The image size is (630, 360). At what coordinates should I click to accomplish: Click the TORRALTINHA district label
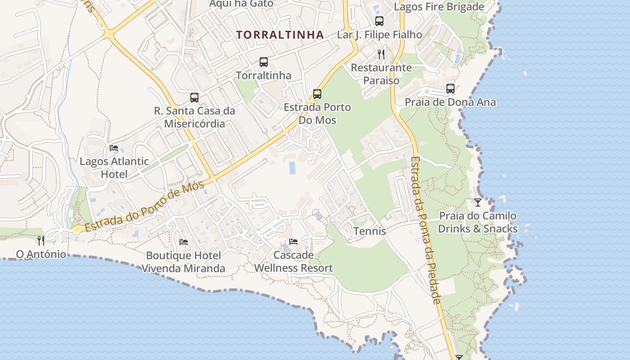[280, 35]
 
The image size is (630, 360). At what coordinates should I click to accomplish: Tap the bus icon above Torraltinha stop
[264, 62]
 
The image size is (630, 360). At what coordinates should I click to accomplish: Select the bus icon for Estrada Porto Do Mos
[317, 94]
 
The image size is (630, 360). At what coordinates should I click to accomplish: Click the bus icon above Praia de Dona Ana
[450, 89]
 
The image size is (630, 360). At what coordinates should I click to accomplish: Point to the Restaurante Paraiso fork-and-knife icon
[381, 54]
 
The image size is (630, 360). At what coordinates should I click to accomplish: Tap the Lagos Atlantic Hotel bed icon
[114, 148]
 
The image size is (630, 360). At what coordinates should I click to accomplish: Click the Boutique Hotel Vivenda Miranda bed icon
[184, 242]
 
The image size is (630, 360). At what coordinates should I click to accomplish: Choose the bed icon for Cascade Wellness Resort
[293, 242]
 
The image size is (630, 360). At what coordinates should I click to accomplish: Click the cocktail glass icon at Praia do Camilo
[478, 202]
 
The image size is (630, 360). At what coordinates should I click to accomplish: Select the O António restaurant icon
[41, 241]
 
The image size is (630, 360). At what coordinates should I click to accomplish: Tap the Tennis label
[369, 231]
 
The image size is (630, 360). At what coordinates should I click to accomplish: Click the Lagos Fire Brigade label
[439, 7]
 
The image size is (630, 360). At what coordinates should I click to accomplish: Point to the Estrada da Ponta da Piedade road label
[425, 229]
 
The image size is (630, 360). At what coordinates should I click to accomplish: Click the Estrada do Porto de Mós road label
[144, 207]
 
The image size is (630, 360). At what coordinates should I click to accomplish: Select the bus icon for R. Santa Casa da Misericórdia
[194, 98]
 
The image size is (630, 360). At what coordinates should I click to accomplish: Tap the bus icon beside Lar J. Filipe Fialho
[379, 21]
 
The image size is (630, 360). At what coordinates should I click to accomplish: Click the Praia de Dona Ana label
[450, 102]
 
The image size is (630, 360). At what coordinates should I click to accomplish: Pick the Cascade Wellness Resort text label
[293, 261]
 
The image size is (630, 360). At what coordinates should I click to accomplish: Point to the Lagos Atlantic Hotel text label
[114, 167]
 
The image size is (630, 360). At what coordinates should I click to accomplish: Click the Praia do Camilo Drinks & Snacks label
[478, 222]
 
